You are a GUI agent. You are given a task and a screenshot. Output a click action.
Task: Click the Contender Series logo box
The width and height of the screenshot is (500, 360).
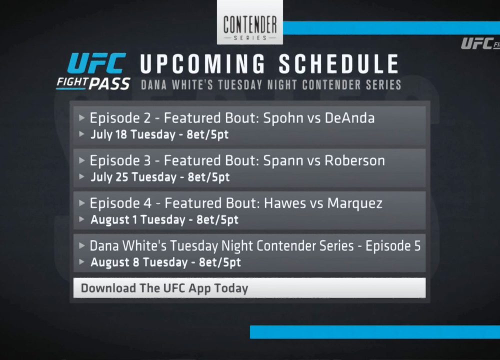[249, 22]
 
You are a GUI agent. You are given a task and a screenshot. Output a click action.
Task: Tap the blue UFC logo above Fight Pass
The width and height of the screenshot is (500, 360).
[96, 63]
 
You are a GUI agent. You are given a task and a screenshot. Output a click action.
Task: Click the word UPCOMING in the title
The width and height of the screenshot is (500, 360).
[203, 64]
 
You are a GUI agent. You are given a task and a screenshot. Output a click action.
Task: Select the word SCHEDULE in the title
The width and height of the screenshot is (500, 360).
[339, 64]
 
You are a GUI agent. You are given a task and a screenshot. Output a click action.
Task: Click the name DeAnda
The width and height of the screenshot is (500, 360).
[349, 118]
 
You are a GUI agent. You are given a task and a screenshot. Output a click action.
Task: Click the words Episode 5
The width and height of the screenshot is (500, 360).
[393, 246]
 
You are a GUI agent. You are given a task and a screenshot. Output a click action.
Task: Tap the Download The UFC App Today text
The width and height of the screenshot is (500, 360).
[164, 288]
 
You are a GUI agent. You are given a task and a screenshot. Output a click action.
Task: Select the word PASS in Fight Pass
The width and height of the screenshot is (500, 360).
[109, 84]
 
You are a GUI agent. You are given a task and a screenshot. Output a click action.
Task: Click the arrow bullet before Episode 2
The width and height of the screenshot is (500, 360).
[82, 117]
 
